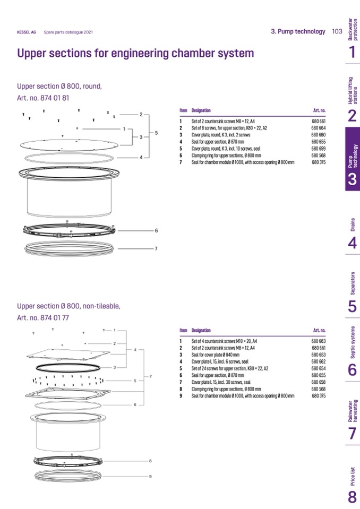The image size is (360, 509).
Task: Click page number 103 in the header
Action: click(x=337, y=31)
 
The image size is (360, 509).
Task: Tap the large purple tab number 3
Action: click(x=352, y=180)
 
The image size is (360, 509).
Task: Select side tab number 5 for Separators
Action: click(x=352, y=307)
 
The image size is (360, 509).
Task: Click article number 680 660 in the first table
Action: click(x=319, y=135)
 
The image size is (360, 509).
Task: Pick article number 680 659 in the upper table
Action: click(x=319, y=149)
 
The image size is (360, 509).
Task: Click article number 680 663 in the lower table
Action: click(x=319, y=341)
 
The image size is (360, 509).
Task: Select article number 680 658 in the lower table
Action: click(x=319, y=382)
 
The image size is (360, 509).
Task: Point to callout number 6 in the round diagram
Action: click(x=156, y=231)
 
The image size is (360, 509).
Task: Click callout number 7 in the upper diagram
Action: click(x=156, y=248)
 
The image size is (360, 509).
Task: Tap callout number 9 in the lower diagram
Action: click(x=150, y=476)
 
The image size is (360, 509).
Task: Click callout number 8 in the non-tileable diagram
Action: click(x=150, y=461)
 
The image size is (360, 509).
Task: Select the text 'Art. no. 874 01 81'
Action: click(x=43, y=98)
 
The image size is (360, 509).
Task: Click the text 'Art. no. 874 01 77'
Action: click(x=43, y=318)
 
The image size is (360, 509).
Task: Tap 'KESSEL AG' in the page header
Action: click(x=27, y=32)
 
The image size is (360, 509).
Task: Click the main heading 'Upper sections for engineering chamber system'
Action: click(x=135, y=54)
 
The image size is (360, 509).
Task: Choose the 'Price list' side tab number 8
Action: click(x=352, y=497)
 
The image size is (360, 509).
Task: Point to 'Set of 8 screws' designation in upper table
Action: click(x=229, y=128)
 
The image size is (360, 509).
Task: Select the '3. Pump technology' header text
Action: click(x=298, y=31)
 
